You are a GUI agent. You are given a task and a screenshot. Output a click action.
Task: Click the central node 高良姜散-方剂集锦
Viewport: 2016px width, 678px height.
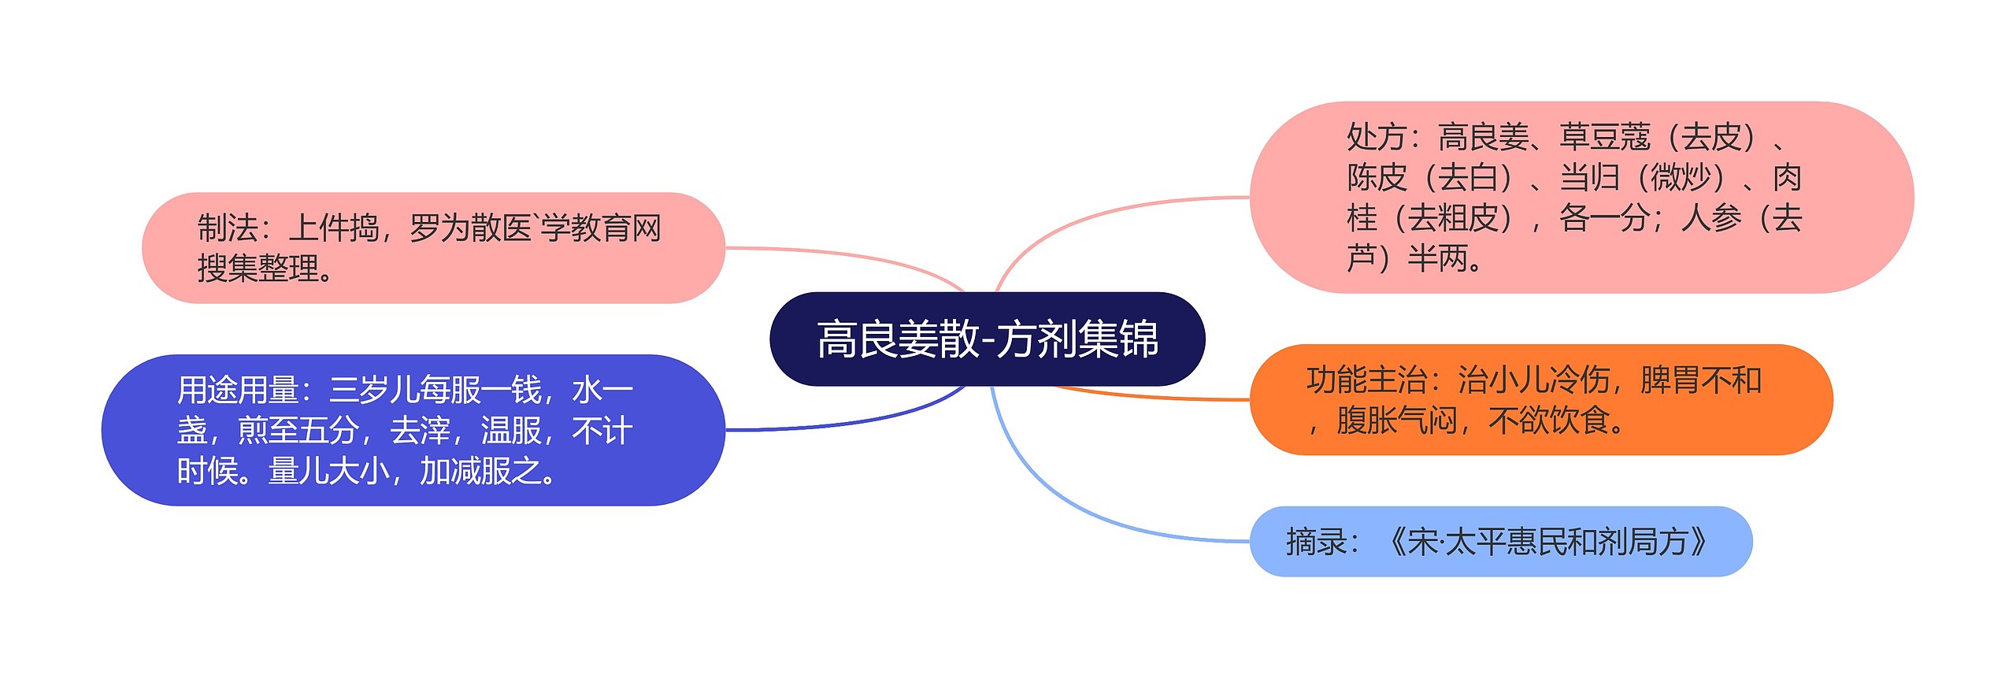click(x=987, y=339)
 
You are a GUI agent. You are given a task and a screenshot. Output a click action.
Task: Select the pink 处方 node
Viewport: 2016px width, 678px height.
click(x=1582, y=197)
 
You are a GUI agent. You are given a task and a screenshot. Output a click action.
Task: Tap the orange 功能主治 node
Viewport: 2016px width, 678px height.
click(x=1541, y=399)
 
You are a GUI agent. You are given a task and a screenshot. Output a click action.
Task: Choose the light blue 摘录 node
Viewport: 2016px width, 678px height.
click(x=1501, y=541)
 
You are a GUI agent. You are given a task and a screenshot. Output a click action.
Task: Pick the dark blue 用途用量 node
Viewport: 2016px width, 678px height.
click(x=413, y=430)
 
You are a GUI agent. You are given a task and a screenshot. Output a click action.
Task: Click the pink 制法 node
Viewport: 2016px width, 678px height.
click(x=433, y=247)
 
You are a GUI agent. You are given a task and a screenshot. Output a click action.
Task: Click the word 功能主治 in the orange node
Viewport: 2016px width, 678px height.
click(x=1367, y=380)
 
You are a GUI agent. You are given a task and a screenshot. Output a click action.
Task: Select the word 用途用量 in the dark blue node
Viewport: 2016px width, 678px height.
click(x=238, y=390)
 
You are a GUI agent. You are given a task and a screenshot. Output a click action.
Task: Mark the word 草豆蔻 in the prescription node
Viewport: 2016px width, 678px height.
click(x=1605, y=137)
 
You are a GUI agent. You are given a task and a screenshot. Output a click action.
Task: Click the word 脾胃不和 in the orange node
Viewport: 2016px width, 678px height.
click(x=1701, y=380)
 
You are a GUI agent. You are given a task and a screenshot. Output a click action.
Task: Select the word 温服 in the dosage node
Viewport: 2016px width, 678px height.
click(x=511, y=430)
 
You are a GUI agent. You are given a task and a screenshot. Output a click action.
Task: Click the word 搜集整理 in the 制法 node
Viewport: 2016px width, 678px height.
click(x=258, y=269)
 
